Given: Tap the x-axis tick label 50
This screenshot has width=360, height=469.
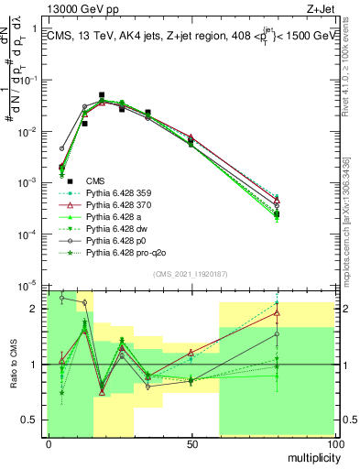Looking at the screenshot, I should coord(191,444).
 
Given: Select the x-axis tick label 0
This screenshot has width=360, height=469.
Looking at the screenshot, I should coord(48,444).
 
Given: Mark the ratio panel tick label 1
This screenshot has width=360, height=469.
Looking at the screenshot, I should coord(37,365).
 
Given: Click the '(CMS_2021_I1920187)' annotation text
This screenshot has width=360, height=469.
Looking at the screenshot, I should coord(190,272).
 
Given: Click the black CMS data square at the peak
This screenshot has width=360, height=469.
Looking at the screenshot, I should coord(102,94).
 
